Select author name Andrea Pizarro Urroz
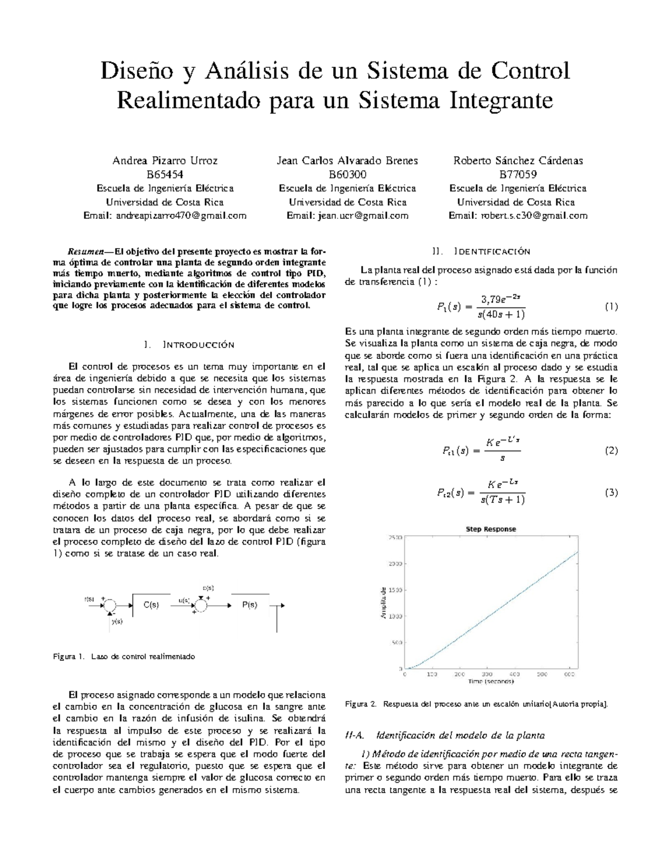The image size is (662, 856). [165, 161]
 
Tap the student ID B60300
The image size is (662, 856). [347, 175]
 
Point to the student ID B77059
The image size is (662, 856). [517, 175]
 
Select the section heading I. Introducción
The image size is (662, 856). [189, 345]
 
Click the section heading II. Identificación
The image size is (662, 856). [482, 251]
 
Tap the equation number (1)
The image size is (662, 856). [611, 307]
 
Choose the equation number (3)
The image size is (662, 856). [611, 493]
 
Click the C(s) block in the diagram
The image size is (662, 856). [151, 605]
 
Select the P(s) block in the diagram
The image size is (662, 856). [249, 605]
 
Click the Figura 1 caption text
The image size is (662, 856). [124, 656]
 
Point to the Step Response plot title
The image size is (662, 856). [490, 529]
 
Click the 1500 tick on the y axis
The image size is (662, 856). [395, 590]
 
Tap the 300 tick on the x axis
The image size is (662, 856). [487, 674]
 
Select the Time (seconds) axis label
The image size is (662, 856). [490, 681]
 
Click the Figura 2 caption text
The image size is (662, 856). [476, 704]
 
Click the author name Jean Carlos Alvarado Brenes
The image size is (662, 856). [347, 161]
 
